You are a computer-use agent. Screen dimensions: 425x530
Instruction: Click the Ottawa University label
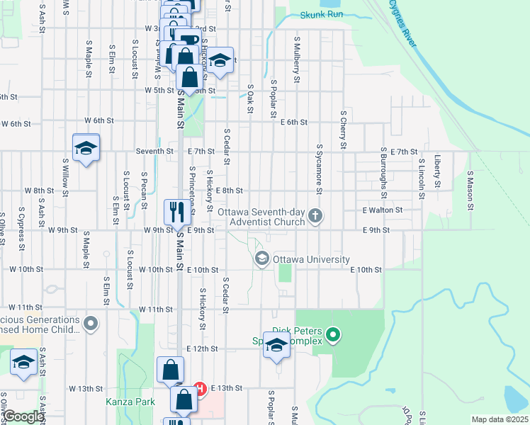point(306,258)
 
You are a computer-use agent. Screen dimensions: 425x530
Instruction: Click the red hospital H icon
point(200,389)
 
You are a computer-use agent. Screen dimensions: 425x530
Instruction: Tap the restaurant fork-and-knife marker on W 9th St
point(175,210)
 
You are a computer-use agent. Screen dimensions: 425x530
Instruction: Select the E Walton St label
point(382,210)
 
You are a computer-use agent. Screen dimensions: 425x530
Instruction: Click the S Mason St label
point(469,189)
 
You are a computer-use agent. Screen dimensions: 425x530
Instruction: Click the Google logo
point(23,416)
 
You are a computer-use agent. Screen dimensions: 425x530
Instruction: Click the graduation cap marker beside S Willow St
point(86,148)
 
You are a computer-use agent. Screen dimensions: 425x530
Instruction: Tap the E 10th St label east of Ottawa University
point(366,270)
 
